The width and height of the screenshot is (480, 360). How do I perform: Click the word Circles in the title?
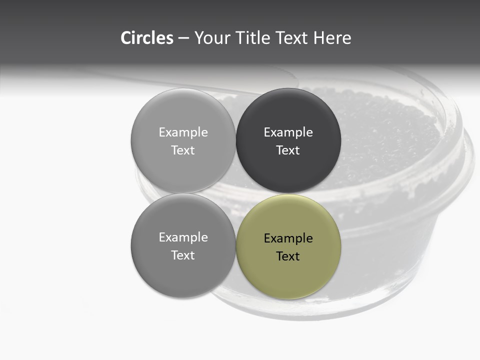146,38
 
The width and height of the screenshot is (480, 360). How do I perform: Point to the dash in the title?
183,38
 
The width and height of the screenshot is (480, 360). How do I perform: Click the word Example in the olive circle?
288,238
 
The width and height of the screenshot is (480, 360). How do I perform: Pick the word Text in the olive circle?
288,256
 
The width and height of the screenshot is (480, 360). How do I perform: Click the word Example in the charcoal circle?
288,132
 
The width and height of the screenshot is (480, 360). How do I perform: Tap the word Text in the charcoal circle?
288,150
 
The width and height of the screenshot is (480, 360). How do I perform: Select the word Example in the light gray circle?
183,132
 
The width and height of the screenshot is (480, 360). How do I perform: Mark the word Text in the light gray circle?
183,150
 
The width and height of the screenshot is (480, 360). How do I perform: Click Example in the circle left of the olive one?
183,237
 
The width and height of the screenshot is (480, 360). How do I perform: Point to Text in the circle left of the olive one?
183,255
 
